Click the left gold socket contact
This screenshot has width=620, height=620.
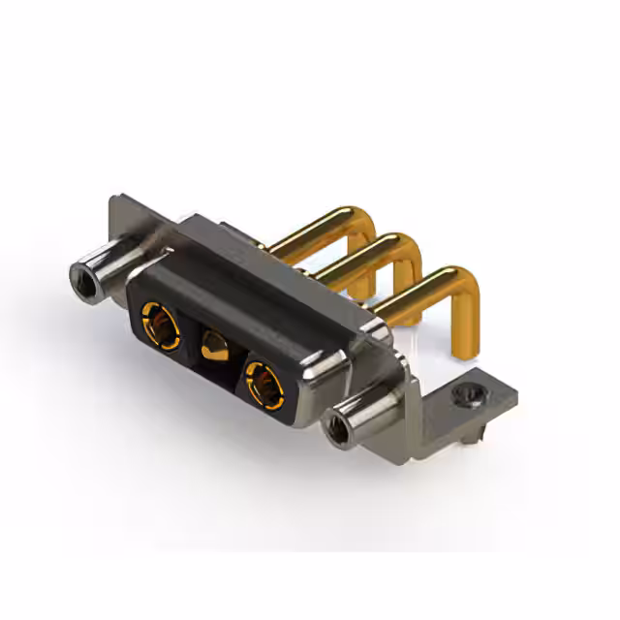160,325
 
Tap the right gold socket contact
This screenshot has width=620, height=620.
264,384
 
